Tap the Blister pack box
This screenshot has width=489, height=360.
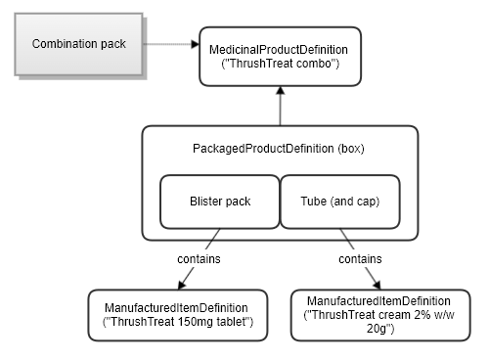(220, 202)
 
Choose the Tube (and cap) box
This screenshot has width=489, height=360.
(339, 202)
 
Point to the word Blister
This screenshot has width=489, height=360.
(206, 202)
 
